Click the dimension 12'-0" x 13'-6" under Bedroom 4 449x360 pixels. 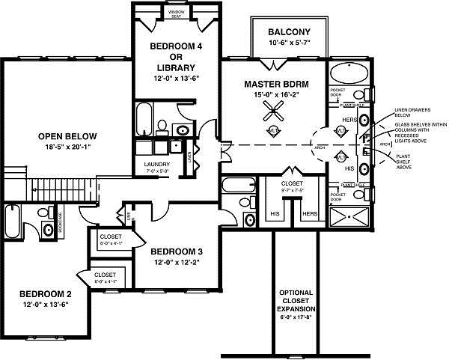pos(177,77)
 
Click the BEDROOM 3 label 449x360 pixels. pos(177,251)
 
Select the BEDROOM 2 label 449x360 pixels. pos(46,293)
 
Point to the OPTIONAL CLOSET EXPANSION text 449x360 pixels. pos(297,300)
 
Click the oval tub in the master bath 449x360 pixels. pos(348,75)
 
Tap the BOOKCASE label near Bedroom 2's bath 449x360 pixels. pos(59,225)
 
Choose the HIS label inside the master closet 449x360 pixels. pos(275,213)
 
